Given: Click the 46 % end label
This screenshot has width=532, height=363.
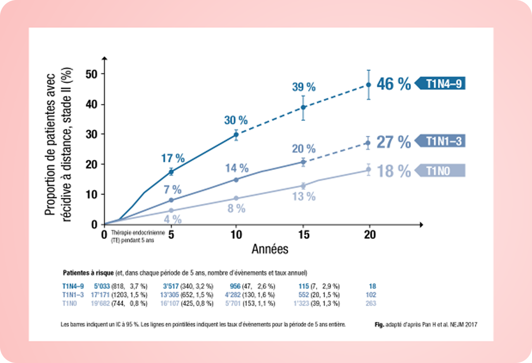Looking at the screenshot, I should pyautogui.click(x=394, y=84).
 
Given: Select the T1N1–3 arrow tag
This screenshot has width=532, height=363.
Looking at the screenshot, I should pyautogui.click(x=441, y=141).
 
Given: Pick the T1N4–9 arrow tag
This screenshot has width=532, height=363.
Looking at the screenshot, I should pyautogui.click(x=441, y=84).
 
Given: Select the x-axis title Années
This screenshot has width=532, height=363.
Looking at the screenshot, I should pyautogui.click(x=270, y=249).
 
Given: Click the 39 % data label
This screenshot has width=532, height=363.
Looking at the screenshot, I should pyautogui.click(x=304, y=87).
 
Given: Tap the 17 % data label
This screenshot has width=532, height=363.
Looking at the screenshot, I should pyautogui.click(x=173, y=158).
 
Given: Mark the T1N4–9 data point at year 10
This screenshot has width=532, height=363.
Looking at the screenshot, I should pyautogui.click(x=236, y=134).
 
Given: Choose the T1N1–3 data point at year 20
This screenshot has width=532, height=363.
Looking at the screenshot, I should pyautogui.click(x=368, y=143).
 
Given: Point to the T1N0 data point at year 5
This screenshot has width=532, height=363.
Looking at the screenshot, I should pyautogui.click(x=171, y=210).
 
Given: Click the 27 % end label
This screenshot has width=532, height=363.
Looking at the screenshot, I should pyautogui.click(x=394, y=142).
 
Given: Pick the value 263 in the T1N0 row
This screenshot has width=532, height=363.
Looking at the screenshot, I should pyautogui.click(x=371, y=303).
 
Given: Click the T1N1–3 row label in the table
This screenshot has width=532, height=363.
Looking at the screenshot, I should pyautogui.click(x=73, y=295).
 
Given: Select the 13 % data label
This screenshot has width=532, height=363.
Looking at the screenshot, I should pyautogui.click(x=304, y=196).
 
